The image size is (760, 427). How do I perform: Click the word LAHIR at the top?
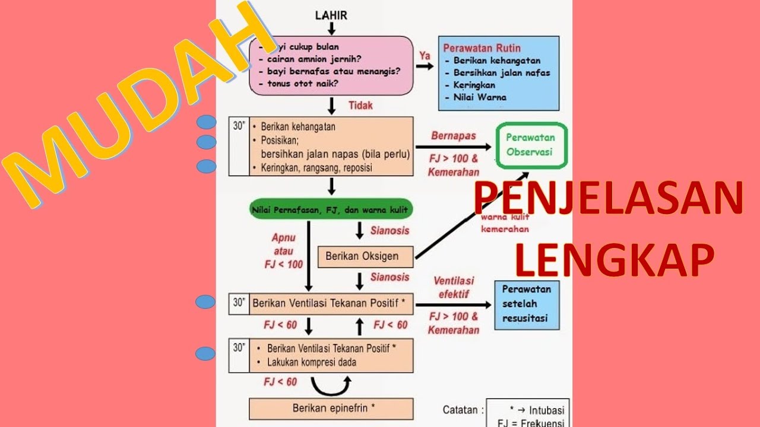click(x=331, y=15)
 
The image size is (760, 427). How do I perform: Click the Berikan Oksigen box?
click(x=362, y=257)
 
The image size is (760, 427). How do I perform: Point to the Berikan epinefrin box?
click(x=331, y=409)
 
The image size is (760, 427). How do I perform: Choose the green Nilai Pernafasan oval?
click(x=331, y=209)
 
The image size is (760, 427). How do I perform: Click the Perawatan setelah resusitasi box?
click(x=526, y=304)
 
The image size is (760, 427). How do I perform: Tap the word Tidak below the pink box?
click(x=360, y=105)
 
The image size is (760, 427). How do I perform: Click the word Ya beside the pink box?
click(x=425, y=55)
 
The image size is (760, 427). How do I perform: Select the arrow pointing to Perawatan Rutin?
click(x=425, y=66)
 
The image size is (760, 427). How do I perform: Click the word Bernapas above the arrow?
click(x=454, y=136)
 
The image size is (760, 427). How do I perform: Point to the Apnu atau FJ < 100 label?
click(x=283, y=251)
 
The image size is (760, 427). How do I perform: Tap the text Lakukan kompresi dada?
click(x=312, y=362)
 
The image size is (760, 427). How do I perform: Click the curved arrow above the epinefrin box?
click(x=331, y=387)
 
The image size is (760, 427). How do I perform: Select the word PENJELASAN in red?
click(x=609, y=199)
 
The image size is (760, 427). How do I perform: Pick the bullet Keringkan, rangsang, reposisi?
click(x=316, y=168)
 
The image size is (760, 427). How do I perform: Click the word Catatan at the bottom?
click(x=462, y=410)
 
